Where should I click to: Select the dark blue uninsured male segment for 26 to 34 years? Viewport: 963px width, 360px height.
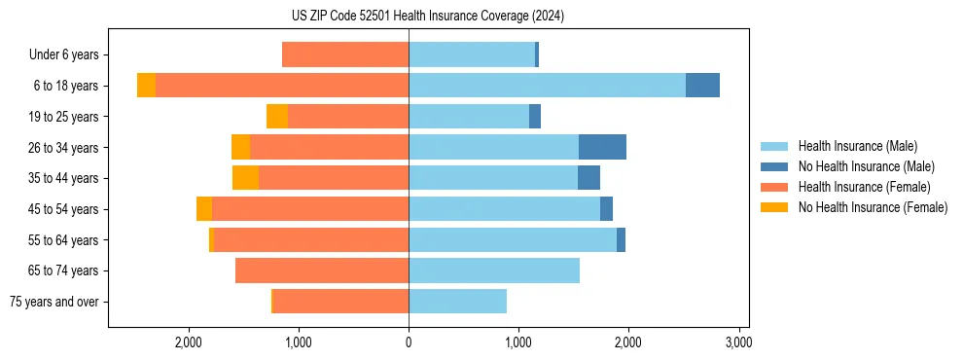coord(602,147)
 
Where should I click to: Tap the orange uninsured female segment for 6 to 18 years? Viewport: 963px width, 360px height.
coord(146,86)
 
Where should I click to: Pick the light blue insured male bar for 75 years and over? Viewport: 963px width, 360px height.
coord(457,302)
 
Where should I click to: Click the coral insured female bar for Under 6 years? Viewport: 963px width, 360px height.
coord(345,54)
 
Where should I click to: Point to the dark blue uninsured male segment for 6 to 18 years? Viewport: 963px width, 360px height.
coord(702,86)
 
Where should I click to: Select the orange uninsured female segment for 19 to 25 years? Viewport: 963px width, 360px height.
coord(277,117)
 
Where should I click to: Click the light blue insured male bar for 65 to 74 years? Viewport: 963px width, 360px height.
coord(494,270)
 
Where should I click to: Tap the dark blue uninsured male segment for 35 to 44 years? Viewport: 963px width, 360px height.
coord(588,178)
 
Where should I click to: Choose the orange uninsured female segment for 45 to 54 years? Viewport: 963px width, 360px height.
coord(204,209)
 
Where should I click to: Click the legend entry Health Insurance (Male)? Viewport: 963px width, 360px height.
coord(857,146)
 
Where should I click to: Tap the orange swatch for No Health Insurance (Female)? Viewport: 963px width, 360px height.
coord(774,207)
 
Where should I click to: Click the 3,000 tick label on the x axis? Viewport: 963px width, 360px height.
coord(738,342)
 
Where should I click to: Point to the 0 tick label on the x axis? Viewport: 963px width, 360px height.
coord(409,342)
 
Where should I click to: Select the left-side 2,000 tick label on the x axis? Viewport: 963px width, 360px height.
coord(188,342)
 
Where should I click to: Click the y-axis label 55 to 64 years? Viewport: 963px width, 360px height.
coord(63,240)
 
